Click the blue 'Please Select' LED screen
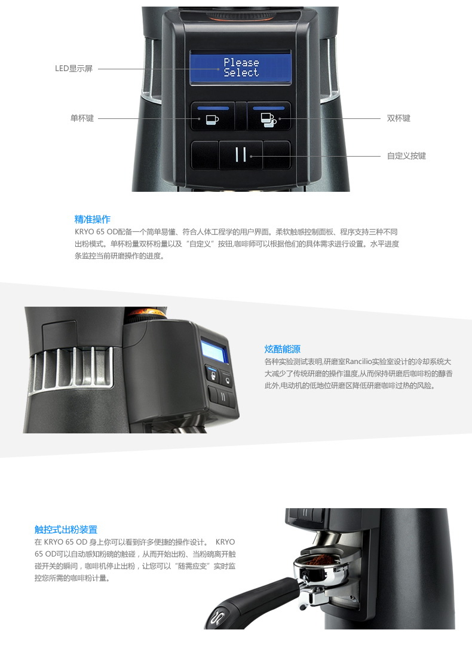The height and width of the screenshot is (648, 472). [x=240, y=68]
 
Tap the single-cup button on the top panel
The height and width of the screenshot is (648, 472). [x=212, y=116]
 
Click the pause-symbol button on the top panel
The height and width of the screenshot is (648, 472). [x=241, y=155]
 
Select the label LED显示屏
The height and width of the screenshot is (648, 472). [x=74, y=69]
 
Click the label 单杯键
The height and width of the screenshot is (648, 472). [x=82, y=118]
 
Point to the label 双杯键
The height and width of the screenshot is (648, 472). [x=399, y=118]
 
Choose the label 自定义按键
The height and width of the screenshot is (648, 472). [x=406, y=156]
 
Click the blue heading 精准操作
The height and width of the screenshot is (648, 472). [x=93, y=219]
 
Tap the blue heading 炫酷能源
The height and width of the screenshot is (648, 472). [x=283, y=349]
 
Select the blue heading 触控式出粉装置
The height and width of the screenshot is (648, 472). [x=66, y=530]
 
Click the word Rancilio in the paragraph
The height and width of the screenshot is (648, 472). [x=358, y=362]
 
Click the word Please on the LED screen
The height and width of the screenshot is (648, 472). [x=241, y=62]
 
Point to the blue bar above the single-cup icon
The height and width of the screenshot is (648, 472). [x=213, y=108]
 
